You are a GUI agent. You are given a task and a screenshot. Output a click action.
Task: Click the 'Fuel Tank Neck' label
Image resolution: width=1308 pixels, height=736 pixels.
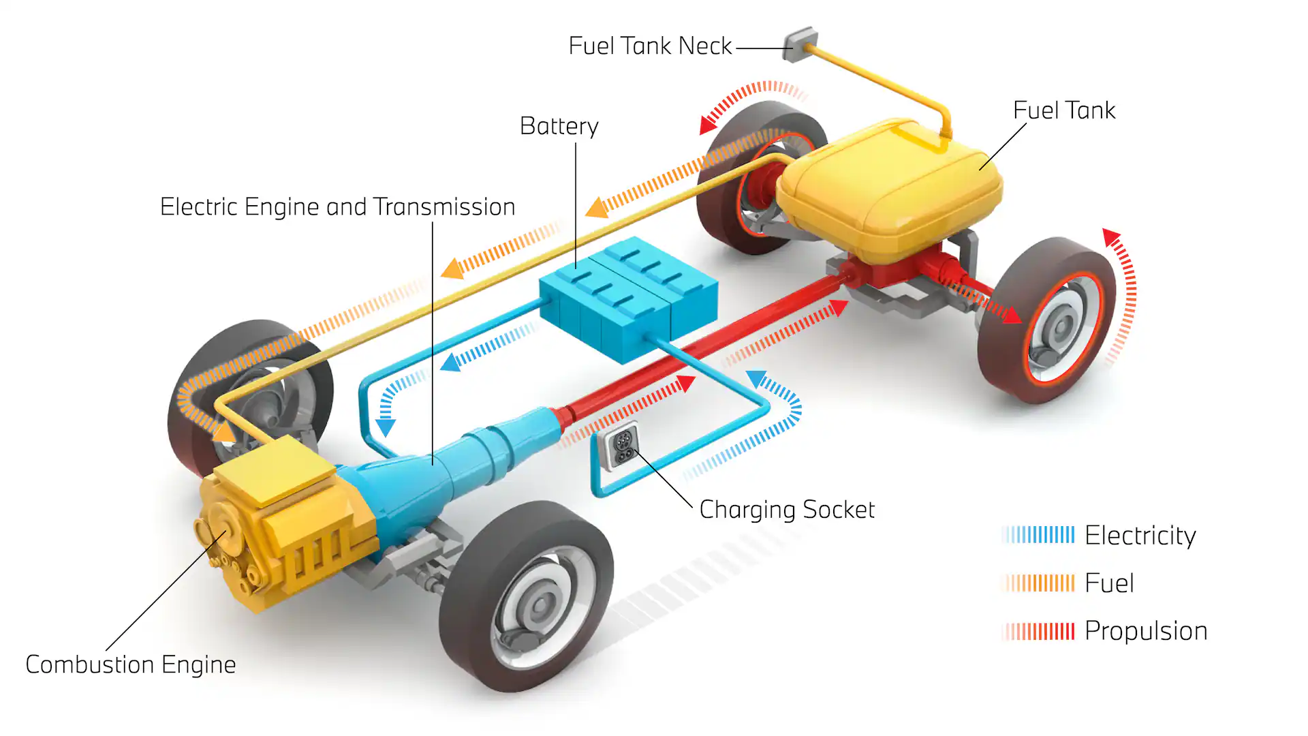[650, 46]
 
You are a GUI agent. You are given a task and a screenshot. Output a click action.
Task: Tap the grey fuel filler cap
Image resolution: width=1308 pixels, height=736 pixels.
[798, 44]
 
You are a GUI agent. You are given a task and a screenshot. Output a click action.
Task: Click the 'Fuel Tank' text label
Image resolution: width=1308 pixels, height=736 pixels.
[1063, 110]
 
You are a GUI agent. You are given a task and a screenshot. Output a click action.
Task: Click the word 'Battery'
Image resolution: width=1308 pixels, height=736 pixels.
[559, 126]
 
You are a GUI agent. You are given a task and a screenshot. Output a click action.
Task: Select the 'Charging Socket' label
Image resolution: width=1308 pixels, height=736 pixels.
[787, 510]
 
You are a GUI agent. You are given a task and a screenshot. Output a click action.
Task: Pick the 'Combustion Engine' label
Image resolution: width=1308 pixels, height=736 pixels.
[130, 664]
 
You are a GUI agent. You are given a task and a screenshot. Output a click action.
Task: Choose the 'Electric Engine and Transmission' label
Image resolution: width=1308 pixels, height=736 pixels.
[337, 207]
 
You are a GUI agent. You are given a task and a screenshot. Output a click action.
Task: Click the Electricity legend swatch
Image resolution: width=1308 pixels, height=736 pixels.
[1038, 535]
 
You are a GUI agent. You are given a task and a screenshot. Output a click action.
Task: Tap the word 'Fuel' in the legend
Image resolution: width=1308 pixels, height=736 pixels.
[1109, 583]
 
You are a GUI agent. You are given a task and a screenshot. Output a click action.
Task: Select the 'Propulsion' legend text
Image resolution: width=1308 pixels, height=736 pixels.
[1145, 631]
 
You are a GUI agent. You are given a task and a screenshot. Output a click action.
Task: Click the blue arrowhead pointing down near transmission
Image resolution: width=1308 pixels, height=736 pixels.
[386, 428]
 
